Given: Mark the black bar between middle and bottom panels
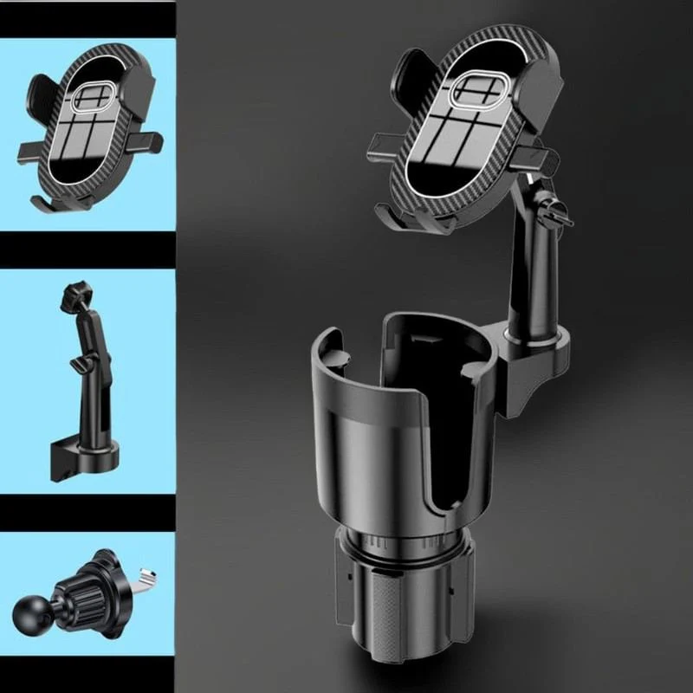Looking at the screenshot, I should click(x=87, y=512).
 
